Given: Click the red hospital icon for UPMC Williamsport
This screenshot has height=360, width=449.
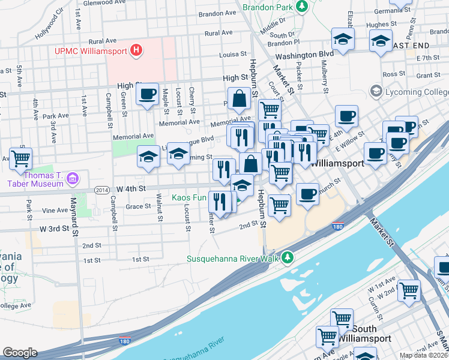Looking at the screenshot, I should tap(137, 50).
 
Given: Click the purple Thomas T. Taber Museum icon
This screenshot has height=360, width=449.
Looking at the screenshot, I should tap(73, 178).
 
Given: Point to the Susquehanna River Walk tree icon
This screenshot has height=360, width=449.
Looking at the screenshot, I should tap(289, 257).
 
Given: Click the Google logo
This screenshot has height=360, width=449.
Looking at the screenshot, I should tap(20, 353).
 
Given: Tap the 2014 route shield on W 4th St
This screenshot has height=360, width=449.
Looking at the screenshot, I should tap(102, 190).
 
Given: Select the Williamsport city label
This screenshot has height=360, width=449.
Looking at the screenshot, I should tap(339, 163).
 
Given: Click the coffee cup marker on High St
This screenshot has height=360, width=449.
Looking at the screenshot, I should tap(147, 94).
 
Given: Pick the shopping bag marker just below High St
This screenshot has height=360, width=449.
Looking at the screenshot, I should tap(240, 99).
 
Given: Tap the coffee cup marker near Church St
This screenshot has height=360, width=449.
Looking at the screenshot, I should tap(307, 194).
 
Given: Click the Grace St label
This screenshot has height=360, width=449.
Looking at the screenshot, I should tap(138, 206).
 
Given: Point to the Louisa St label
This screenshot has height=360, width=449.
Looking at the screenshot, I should tap(233, 54).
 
